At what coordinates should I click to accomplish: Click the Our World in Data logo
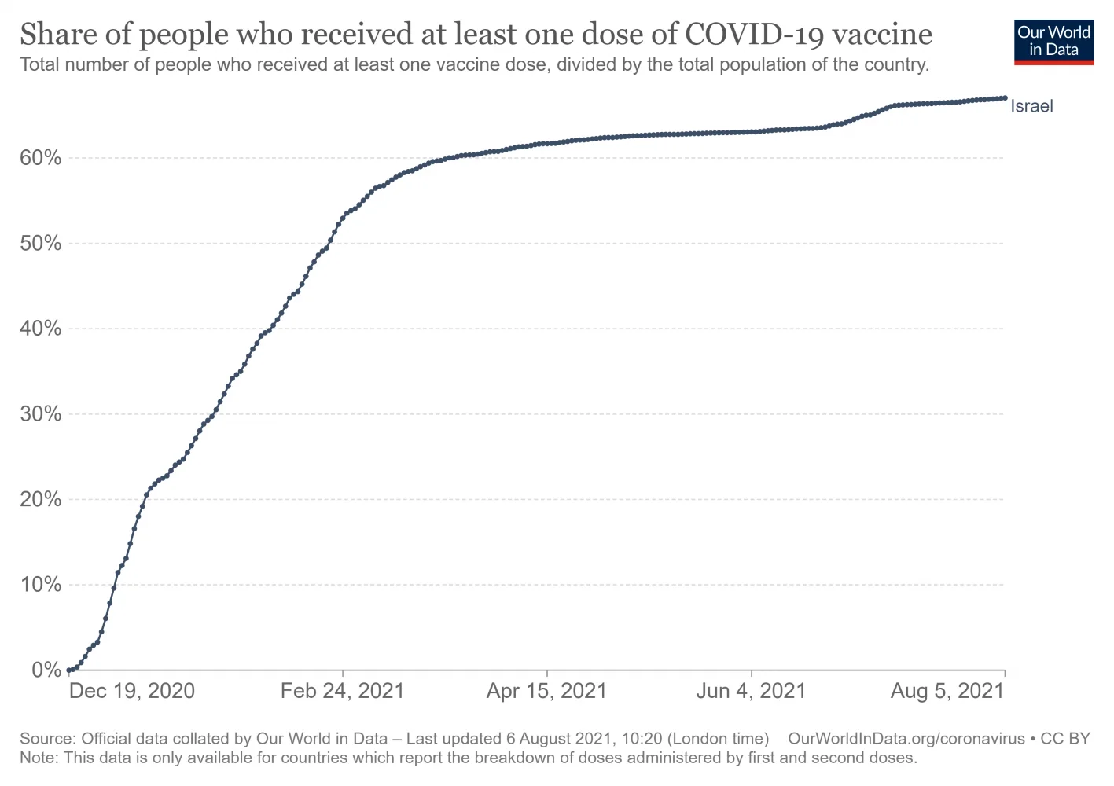(x=1053, y=42)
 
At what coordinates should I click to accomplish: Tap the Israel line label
(x=1031, y=106)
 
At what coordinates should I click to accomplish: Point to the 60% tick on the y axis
(x=40, y=158)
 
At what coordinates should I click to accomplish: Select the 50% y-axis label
(x=40, y=244)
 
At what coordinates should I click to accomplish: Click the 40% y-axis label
(x=40, y=329)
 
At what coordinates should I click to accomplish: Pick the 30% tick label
(x=40, y=414)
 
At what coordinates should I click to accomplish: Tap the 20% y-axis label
(x=40, y=499)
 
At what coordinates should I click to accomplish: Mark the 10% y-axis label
(x=40, y=585)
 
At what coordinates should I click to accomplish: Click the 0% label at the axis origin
(x=46, y=670)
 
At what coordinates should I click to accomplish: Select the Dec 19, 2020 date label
(x=132, y=691)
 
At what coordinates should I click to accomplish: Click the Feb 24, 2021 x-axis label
(x=342, y=691)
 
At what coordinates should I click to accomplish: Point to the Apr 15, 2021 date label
(x=546, y=691)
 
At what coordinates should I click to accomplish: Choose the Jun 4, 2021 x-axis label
(x=751, y=691)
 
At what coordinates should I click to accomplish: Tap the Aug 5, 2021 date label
(x=947, y=691)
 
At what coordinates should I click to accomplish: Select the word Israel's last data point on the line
(x=1005, y=98)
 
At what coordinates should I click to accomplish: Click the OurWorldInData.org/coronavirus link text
(x=906, y=739)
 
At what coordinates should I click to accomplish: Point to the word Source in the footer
(x=46, y=739)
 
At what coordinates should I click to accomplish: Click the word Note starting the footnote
(x=37, y=758)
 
